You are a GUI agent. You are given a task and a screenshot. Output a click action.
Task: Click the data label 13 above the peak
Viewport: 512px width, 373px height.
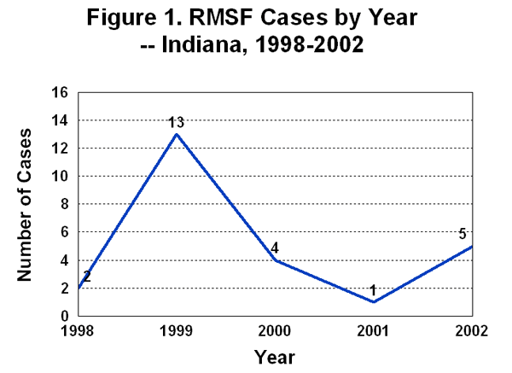click(177, 123)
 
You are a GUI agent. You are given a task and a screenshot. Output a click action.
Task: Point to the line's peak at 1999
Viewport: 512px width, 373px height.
click(177, 134)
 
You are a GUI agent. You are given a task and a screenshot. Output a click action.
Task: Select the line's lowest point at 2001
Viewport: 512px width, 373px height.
click(373, 302)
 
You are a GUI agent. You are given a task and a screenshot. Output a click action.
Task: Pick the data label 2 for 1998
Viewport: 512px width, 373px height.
click(86, 277)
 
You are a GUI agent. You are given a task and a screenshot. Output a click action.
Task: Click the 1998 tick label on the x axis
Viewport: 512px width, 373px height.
click(78, 331)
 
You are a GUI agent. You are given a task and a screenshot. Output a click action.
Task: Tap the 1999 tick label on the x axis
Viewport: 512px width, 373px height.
click(177, 331)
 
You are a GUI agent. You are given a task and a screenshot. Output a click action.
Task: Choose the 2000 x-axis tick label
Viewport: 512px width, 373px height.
click(275, 331)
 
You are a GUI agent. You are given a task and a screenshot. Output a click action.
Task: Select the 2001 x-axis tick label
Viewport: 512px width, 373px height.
click(373, 331)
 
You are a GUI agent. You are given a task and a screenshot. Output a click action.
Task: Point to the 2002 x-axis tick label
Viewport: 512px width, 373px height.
click(471, 331)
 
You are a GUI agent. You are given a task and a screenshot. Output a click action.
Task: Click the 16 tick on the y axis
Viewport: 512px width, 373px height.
click(61, 93)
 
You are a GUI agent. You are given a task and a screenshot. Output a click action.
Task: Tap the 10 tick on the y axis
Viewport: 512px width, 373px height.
click(61, 177)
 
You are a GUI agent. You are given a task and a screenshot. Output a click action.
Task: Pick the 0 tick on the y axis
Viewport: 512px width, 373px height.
click(64, 316)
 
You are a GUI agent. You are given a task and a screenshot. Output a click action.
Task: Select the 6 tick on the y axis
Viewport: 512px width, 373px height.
click(64, 232)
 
